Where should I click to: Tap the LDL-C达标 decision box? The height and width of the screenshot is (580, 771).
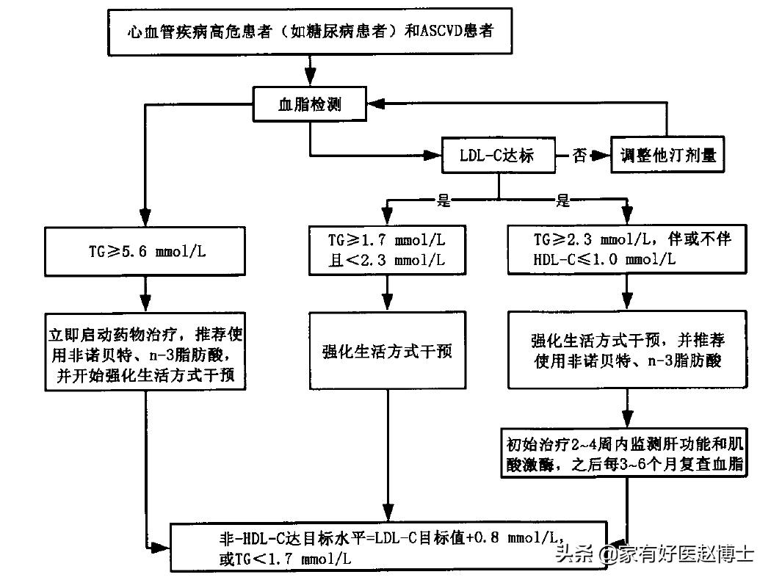[x=496, y=155]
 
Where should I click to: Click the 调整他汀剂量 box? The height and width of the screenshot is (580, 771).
[x=667, y=156]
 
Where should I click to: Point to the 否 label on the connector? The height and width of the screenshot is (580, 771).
[x=579, y=155]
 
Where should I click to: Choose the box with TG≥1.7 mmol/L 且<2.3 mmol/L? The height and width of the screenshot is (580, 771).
[x=386, y=250]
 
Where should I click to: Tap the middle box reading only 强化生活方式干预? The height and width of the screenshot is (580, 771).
[x=387, y=350]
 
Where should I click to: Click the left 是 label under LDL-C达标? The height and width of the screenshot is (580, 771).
[x=443, y=200]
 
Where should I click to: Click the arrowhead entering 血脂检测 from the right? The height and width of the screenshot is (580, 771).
[x=374, y=104]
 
